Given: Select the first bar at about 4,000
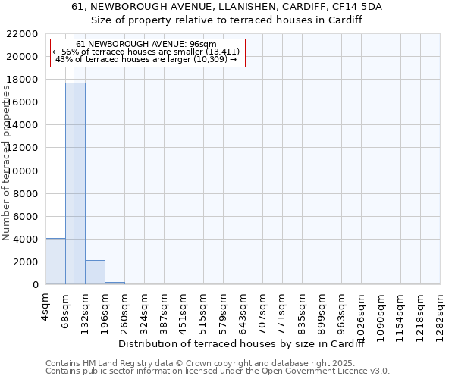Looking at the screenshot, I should click(x=55, y=262).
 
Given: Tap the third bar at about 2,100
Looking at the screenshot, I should click(x=95, y=272).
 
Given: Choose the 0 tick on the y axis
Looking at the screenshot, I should click(x=36, y=285).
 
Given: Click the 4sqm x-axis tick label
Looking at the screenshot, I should click(x=46, y=305).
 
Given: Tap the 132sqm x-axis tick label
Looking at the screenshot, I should click(x=86, y=309).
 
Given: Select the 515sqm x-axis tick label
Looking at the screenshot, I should click(x=204, y=309).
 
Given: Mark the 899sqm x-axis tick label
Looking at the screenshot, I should click(x=322, y=309).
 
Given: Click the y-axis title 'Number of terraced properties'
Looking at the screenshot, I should click(x=7, y=163).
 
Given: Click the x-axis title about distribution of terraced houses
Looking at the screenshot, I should click(x=242, y=344).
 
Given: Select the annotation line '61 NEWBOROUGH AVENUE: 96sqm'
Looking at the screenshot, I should click(x=146, y=44).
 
